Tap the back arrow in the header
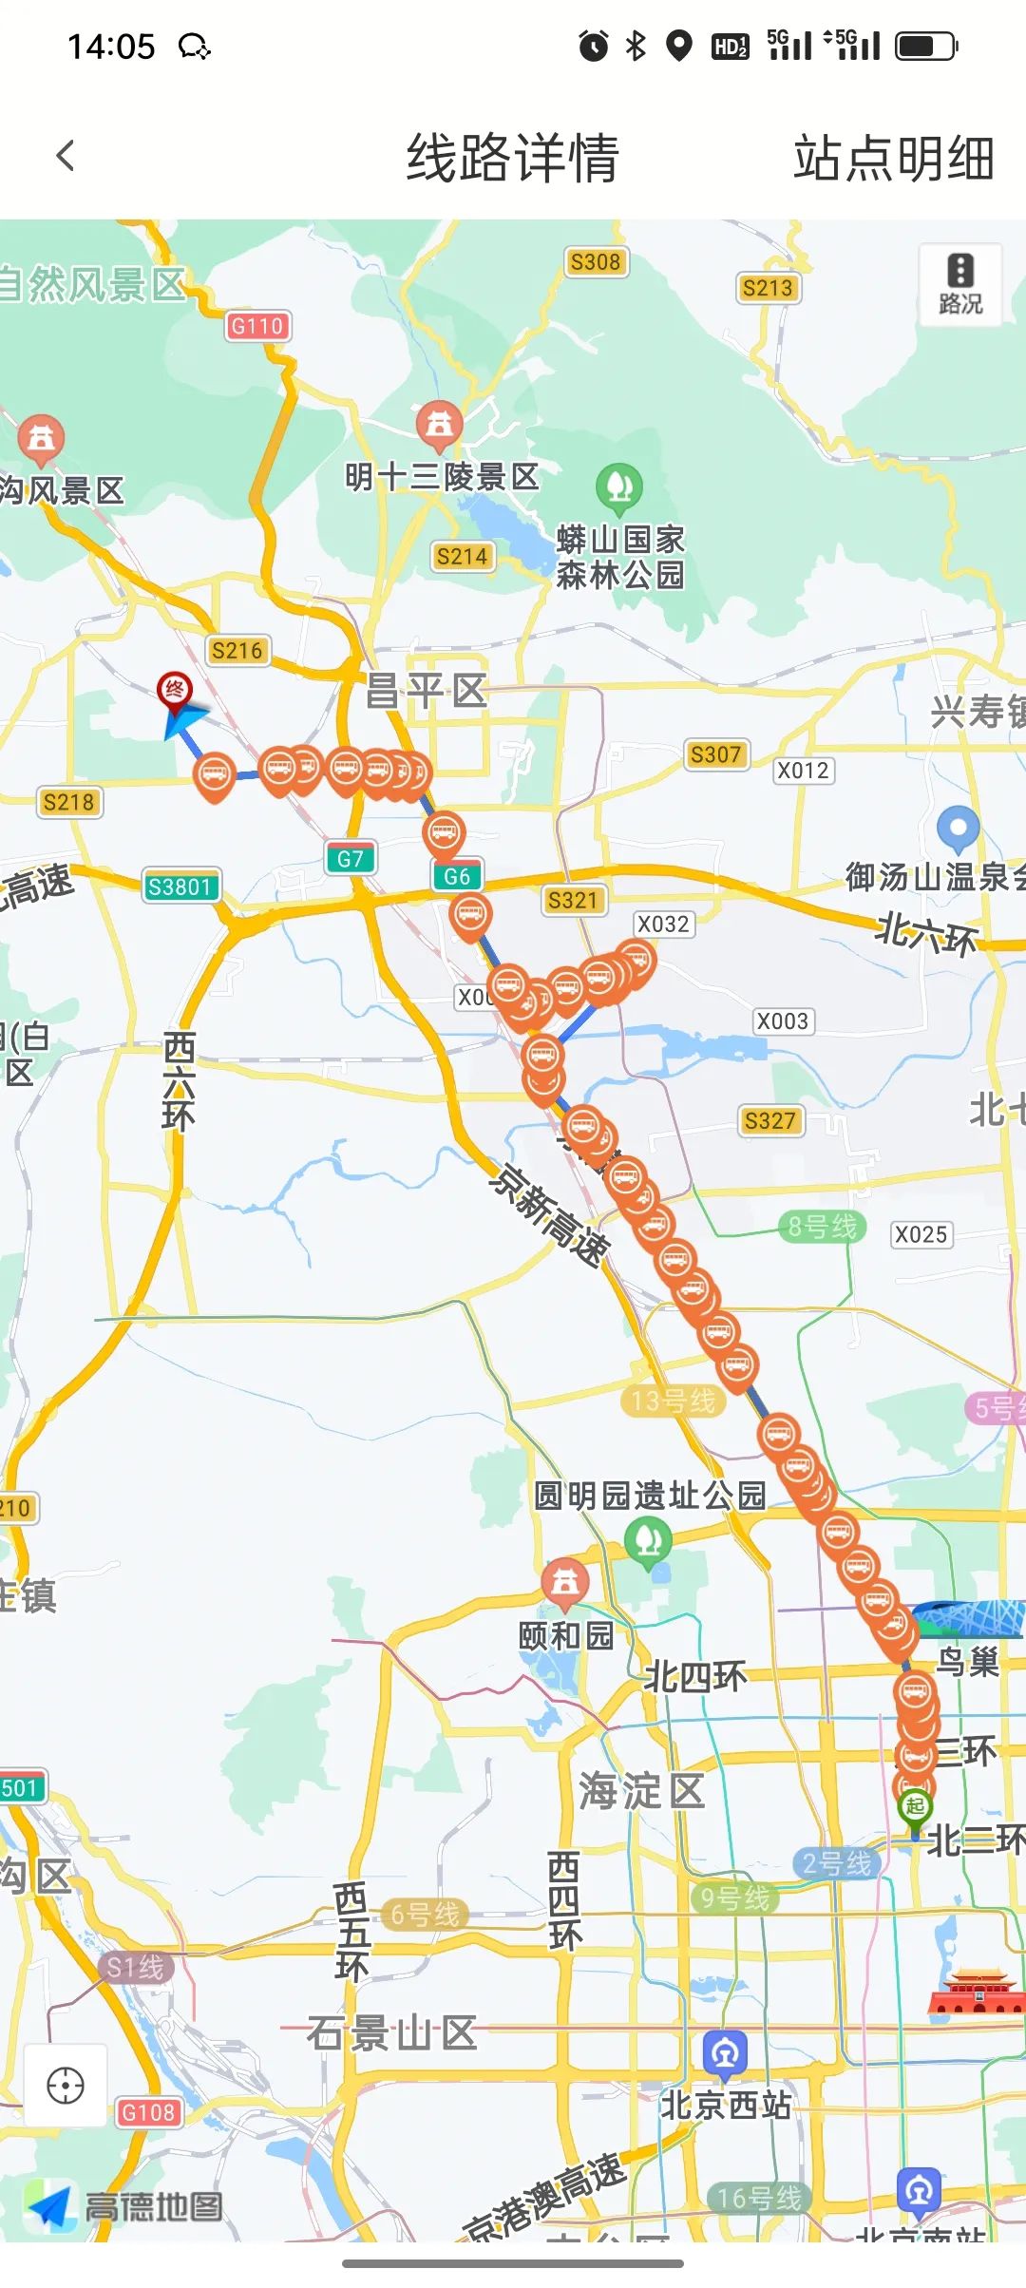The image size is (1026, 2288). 65,156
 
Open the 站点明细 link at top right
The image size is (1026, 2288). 893,158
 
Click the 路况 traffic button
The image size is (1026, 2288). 959,284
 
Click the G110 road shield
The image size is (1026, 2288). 257,326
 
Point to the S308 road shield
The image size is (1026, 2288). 595,262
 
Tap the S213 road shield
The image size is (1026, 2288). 767,288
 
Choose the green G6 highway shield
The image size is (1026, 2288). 457,876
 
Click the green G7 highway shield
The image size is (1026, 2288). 350,859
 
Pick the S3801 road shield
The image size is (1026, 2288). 180,887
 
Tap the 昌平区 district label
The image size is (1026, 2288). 427,691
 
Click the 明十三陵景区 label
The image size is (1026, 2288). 442,476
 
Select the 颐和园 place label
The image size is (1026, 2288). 566,1635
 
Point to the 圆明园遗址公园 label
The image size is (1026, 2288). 650,1496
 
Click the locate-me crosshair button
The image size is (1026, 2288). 66,2086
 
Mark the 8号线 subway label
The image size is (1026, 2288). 823,1227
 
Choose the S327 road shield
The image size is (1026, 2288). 769,1121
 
